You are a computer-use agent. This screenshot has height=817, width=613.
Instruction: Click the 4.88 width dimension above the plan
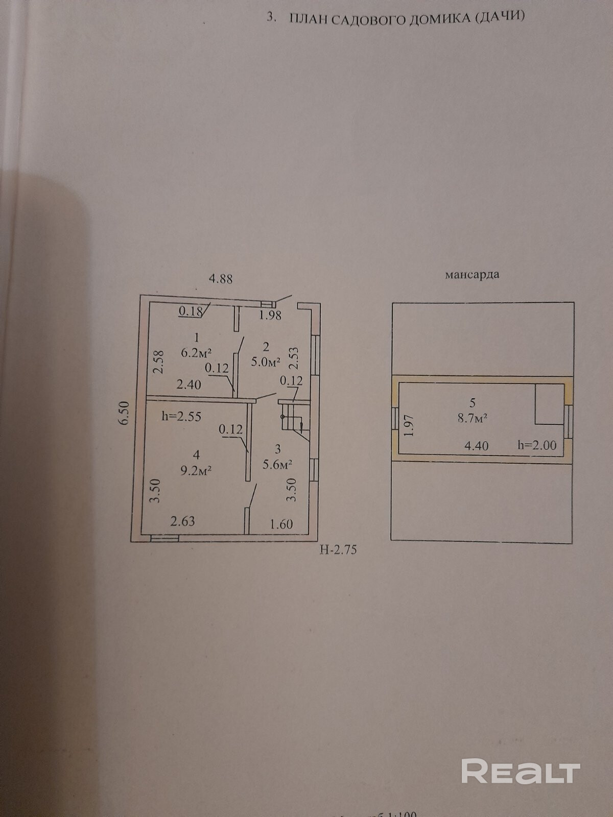(x=221, y=279)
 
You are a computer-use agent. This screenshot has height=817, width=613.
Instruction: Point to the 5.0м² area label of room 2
(x=266, y=362)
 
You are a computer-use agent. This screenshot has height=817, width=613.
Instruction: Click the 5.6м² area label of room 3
(x=277, y=464)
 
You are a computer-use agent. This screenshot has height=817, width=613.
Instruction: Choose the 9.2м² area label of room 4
(x=197, y=470)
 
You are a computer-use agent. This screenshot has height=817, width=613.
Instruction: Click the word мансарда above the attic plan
(x=472, y=275)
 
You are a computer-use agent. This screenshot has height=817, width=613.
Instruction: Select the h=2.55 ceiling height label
(x=181, y=417)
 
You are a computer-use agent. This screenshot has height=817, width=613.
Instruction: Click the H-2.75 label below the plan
(x=337, y=550)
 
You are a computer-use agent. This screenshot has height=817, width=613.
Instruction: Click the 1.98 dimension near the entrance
(x=270, y=316)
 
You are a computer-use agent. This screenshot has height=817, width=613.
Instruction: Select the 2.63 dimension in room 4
(x=182, y=521)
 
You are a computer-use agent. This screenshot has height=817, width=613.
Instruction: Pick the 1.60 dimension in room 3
(x=281, y=524)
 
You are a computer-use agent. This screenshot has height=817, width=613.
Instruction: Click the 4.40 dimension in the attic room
(x=476, y=446)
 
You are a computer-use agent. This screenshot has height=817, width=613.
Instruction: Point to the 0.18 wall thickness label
(x=190, y=311)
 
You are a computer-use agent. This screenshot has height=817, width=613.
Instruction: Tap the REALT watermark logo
(x=521, y=771)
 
